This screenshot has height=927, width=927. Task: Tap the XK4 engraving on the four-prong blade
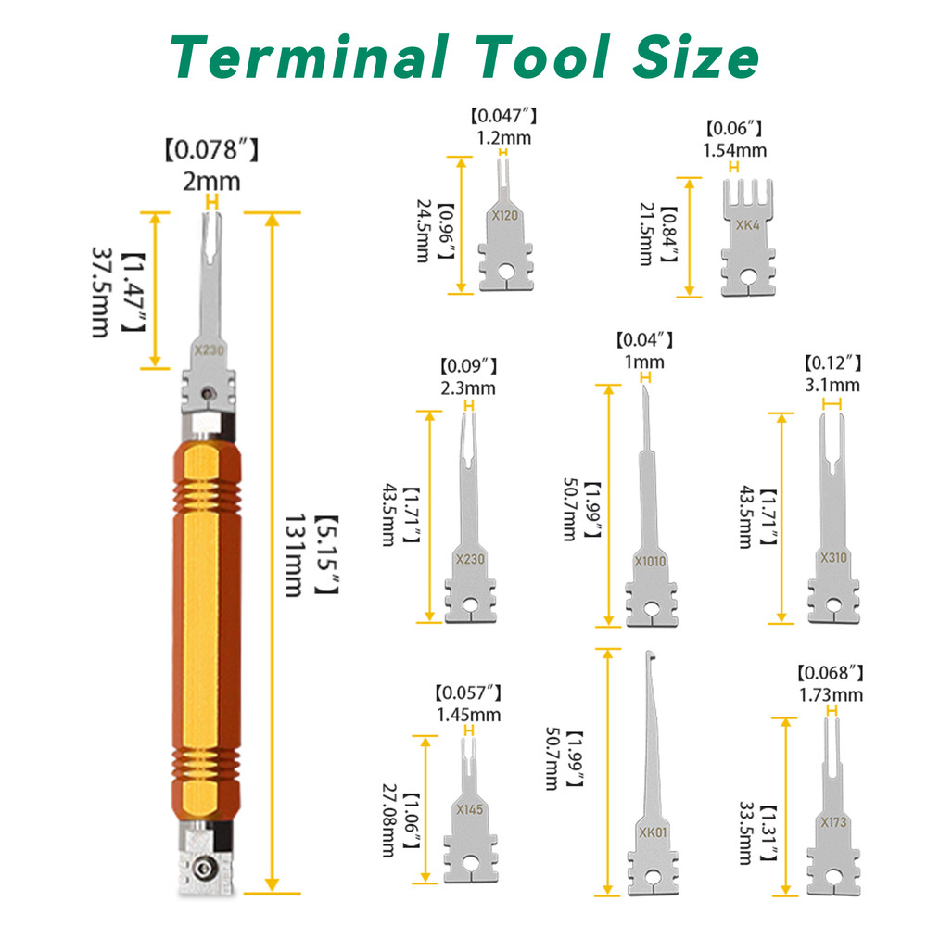(x=746, y=225)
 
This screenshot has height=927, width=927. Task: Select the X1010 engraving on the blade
(x=650, y=561)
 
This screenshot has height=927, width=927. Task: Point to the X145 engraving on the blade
(x=470, y=808)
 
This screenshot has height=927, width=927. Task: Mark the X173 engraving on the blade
(x=832, y=822)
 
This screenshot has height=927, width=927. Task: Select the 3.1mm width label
(x=834, y=385)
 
